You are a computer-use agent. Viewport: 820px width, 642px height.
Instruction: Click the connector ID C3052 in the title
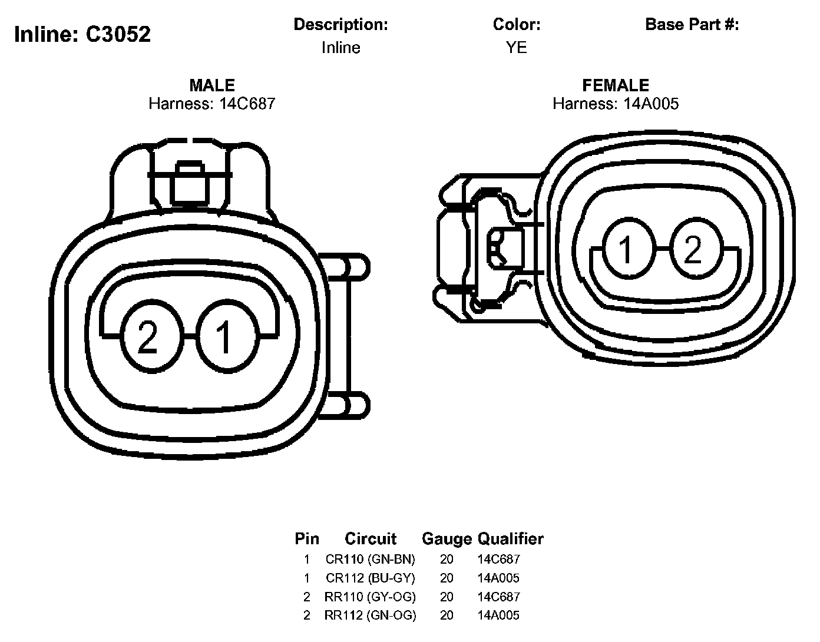coord(118,34)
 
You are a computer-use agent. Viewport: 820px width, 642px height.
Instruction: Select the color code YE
coord(516,48)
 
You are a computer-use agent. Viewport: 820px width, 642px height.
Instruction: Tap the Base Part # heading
coord(692,25)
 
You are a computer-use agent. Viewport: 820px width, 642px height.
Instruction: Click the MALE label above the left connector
coord(212,85)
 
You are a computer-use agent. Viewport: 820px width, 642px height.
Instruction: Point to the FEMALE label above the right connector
coord(616,85)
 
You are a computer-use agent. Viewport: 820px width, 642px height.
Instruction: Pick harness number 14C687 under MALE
coord(247,104)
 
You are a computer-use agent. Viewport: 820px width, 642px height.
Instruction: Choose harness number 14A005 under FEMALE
coord(651,104)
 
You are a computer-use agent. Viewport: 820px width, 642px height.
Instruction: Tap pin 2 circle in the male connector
coord(152,336)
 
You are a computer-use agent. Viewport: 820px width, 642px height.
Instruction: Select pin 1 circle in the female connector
coord(629,249)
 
